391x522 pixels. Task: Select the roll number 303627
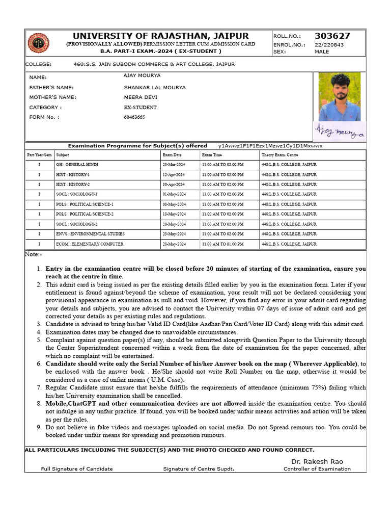(x=332, y=36)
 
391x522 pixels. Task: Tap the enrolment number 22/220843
(x=329, y=44)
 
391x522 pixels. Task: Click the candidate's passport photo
(x=339, y=96)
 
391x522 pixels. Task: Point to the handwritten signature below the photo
(x=339, y=132)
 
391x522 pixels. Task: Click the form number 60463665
(x=134, y=117)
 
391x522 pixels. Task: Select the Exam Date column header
(x=172, y=154)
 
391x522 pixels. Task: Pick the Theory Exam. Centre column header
(x=280, y=154)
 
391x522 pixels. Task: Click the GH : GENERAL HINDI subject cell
(x=77, y=165)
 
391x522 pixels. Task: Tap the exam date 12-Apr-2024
(x=174, y=174)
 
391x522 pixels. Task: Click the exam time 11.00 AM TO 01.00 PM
(x=222, y=244)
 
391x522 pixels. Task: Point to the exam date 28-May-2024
(x=174, y=244)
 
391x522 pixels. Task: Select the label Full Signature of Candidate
(x=77, y=469)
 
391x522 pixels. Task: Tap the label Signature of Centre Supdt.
(x=199, y=469)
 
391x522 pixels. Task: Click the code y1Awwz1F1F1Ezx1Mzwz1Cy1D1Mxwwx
(x=270, y=146)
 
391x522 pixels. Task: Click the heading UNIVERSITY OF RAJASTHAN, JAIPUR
(x=161, y=36)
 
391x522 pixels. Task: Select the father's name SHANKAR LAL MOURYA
(x=155, y=87)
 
